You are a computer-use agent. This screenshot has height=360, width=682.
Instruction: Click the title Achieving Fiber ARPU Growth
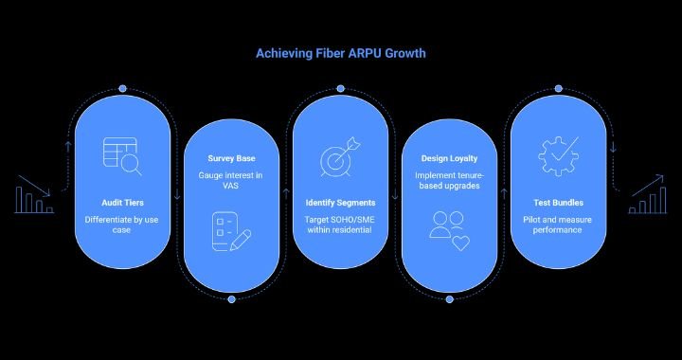341,53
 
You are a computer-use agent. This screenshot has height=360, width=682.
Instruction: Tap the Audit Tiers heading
122,203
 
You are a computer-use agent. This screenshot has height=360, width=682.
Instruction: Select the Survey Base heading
232,158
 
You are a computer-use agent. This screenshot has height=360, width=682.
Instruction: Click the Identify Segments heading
341,203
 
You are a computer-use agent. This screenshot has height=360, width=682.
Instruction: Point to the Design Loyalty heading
449,158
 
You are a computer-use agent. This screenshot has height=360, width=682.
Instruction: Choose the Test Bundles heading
558,203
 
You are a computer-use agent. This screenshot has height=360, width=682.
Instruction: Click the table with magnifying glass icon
122,156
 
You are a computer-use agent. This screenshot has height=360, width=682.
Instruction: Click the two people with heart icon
449,231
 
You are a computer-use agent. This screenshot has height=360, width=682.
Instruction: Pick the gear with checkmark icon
558,155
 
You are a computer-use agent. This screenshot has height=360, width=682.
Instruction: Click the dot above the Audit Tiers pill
122,88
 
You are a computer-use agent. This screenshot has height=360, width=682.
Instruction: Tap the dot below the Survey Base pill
232,299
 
